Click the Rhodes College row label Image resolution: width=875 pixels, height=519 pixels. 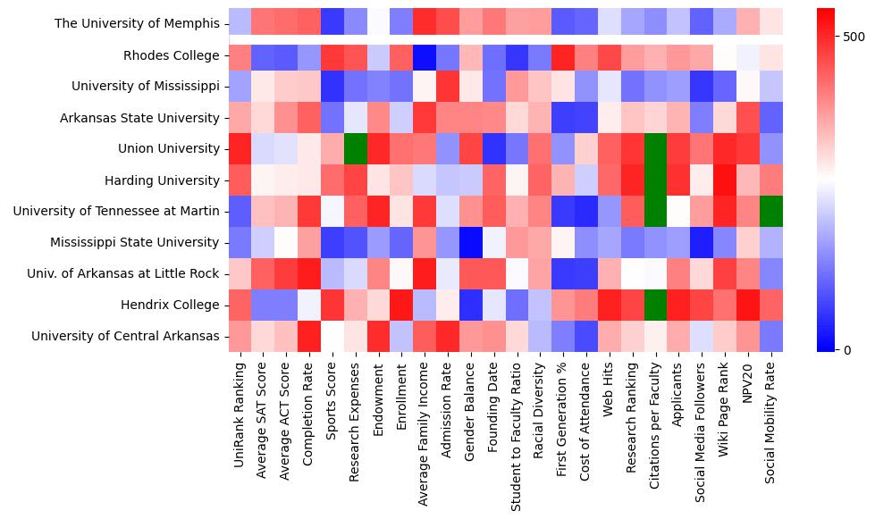point(171,55)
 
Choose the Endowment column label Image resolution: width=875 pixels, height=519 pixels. point(379,398)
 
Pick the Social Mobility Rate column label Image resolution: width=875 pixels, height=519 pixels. point(771,420)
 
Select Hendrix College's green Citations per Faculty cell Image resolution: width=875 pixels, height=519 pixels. point(655,305)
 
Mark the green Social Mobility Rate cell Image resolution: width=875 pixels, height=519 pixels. point(771,211)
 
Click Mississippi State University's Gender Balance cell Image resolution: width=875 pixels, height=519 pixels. point(471,242)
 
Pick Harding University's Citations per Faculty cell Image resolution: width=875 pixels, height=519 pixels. point(655,180)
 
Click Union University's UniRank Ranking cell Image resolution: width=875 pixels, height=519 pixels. point(240,148)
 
